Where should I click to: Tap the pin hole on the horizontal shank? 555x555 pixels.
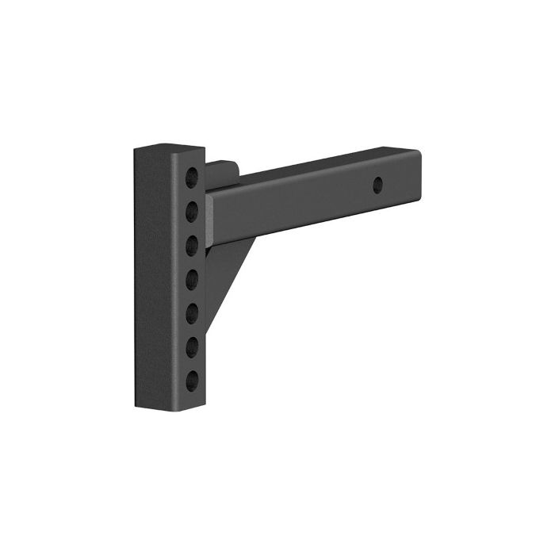[x=378, y=185]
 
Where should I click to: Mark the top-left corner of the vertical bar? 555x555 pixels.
[x=135, y=147]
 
